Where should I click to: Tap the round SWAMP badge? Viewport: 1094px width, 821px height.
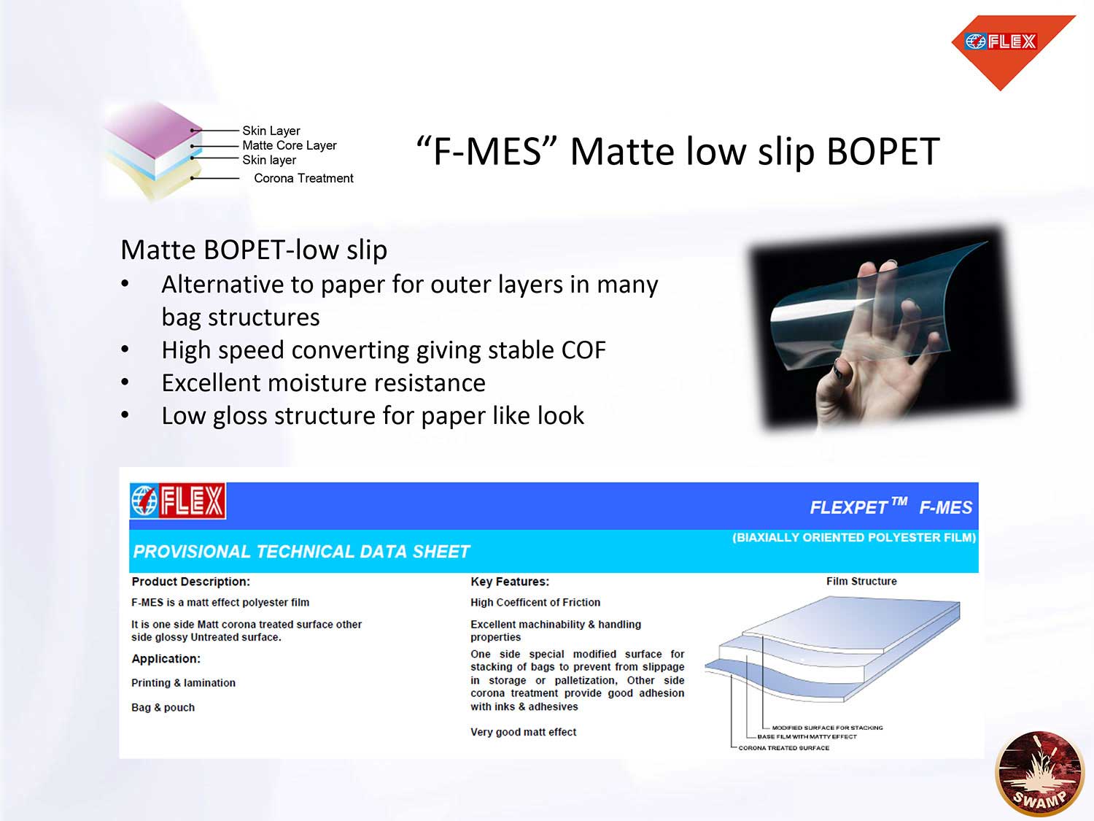coord(1040,774)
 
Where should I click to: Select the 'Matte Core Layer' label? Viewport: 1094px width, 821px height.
coord(289,145)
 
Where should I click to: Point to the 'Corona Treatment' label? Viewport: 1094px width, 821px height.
coord(303,178)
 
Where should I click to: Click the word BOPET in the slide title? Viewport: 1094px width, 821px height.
coord(883,152)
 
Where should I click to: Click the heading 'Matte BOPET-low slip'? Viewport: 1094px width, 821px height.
coord(254,250)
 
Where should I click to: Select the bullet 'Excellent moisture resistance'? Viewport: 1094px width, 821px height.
coord(324,383)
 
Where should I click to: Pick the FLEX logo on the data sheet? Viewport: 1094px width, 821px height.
coord(178,501)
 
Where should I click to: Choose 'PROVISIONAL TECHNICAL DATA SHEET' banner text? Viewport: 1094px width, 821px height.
coord(301,552)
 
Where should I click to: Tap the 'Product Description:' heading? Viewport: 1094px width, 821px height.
coord(191,582)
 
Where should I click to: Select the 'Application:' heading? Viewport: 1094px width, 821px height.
coord(166,659)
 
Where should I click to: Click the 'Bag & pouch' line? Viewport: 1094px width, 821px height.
coord(163,707)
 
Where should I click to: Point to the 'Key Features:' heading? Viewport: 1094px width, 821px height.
coord(510,582)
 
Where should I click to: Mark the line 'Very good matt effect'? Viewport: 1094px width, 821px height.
coord(524,732)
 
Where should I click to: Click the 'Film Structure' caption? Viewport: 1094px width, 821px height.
coord(861,581)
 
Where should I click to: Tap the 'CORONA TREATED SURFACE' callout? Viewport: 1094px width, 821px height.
coord(783,748)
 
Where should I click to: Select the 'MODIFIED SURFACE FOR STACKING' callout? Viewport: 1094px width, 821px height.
coord(827,728)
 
